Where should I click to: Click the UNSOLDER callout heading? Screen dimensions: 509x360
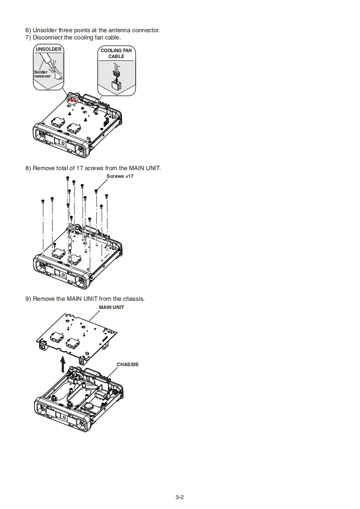click(48, 49)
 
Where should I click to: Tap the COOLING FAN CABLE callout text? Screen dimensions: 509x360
click(116, 54)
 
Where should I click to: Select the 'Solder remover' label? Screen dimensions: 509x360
click(42, 74)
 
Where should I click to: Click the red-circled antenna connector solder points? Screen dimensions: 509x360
click(71, 98)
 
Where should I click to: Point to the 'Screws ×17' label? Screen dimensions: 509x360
click(120, 176)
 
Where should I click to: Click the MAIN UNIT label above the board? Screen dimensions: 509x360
click(112, 307)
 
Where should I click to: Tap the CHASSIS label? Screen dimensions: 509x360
click(128, 364)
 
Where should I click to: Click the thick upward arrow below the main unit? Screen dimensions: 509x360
click(63, 363)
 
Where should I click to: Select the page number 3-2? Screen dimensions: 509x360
click(179, 497)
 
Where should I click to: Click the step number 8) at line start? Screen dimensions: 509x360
click(28, 168)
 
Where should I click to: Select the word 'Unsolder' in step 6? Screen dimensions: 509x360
click(45, 30)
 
